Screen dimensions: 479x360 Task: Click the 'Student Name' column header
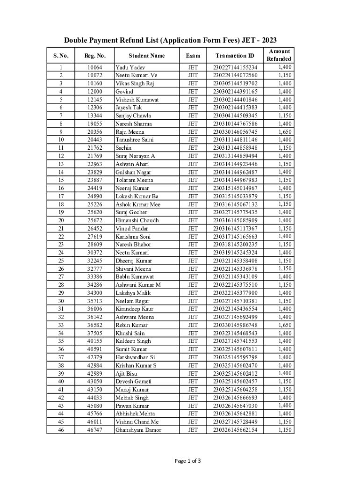tap(146, 56)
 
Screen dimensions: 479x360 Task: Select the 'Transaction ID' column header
tap(235, 56)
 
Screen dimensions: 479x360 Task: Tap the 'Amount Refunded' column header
tap(279, 55)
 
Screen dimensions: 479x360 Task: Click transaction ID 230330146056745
tap(235, 132)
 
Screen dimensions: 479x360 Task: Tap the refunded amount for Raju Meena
tap(285, 132)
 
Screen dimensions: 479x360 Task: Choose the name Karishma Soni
tap(133, 237)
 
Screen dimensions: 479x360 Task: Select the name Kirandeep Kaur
tap(134, 309)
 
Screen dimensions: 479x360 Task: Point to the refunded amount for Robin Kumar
tap(285, 325)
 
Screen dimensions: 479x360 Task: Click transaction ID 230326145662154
tap(235, 430)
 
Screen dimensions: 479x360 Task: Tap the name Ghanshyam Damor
tap(138, 430)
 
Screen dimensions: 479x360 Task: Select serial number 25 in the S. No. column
tap(61, 261)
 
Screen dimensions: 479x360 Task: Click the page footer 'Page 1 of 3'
tap(187, 461)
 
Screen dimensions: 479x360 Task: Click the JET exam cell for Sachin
tap(193, 148)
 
